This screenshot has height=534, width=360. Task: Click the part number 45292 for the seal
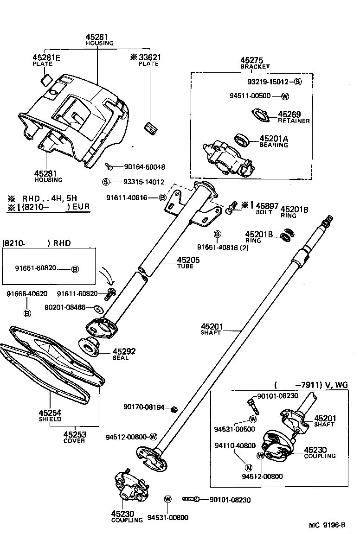(x=124, y=351)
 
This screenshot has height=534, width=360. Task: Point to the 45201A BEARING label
(x=274, y=141)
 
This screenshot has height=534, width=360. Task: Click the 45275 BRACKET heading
(x=255, y=63)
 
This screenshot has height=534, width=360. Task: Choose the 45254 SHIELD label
(x=50, y=415)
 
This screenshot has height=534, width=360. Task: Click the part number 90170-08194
(x=144, y=407)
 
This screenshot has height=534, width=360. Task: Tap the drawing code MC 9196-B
(x=327, y=525)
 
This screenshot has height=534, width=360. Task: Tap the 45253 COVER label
(x=74, y=437)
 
